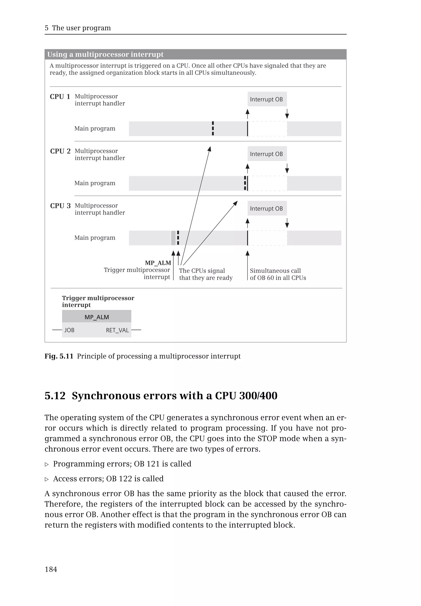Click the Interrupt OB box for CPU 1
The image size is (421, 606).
pos(267,99)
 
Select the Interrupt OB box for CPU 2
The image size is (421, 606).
pos(267,154)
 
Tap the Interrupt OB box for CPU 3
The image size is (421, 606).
pos(267,208)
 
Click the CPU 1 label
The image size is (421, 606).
pos(60,97)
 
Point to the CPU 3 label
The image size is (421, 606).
pos(60,206)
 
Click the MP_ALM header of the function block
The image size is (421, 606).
pos(97,317)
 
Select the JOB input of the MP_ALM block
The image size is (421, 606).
pos(69,330)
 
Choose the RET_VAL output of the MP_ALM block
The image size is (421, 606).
pos(117,330)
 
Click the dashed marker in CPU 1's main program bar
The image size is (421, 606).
pos(213,128)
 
